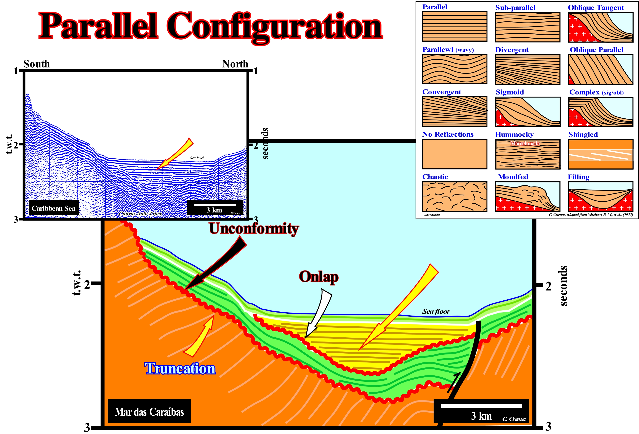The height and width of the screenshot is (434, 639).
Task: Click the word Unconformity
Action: (253, 229)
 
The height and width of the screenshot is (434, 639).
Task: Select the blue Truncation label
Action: (180, 369)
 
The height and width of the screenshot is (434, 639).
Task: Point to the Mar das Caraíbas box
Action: (149, 411)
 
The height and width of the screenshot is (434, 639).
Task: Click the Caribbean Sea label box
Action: (54, 208)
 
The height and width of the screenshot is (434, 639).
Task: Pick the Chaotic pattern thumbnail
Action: (455, 196)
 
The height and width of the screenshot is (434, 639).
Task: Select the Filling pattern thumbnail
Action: (601, 196)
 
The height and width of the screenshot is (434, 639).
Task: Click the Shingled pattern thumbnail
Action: (601, 154)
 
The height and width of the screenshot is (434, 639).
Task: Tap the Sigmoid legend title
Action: (510, 92)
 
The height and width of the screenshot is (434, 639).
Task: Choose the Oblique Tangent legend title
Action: (596, 8)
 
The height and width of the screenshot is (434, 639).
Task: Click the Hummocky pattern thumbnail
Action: (527, 154)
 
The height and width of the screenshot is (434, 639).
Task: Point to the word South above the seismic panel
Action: (37, 64)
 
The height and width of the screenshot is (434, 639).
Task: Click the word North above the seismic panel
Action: (235, 64)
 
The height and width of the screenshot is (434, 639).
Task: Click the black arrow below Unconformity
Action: (217, 264)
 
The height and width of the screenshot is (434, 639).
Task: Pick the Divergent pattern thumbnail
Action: (527, 69)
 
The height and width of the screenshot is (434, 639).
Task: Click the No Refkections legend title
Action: (448, 134)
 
